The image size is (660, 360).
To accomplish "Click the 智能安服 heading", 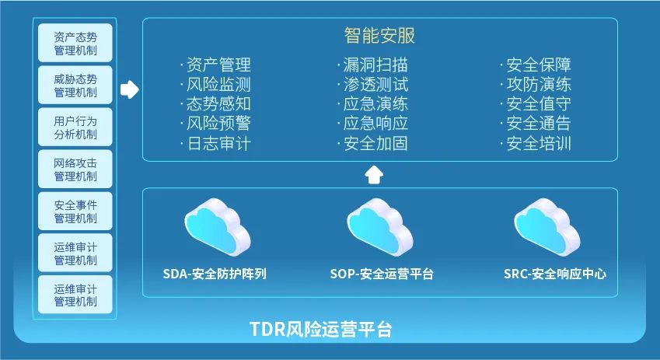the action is (379, 35).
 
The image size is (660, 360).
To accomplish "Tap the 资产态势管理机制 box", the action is (75, 43).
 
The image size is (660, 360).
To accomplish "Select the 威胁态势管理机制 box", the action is (75, 85).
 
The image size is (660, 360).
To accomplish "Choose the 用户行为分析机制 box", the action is (75, 128).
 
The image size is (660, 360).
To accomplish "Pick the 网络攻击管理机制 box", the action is (75, 170).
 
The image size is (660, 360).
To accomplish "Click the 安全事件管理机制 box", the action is (75, 211).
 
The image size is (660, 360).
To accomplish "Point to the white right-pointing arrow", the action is (130, 89).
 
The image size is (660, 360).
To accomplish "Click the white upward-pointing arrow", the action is (374, 175).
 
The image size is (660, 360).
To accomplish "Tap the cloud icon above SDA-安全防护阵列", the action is (218, 227).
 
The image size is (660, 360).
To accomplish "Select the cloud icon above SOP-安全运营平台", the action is (380, 227).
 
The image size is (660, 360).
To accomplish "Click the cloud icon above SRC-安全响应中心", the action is (547, 227).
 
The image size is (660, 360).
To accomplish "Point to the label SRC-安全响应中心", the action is (555, 274).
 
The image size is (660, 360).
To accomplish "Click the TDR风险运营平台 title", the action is (321, 329).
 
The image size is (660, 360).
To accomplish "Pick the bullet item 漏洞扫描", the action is (375, 65).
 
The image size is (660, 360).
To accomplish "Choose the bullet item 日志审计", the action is (219, 144).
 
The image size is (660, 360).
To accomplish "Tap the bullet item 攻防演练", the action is (539, 84).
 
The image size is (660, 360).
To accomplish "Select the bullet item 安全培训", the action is (539, 144).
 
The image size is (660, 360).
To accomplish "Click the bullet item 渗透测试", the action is (375, 84).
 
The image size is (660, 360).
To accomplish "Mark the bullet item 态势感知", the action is (218, 104).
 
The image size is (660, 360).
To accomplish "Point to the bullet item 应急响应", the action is (375, 124).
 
